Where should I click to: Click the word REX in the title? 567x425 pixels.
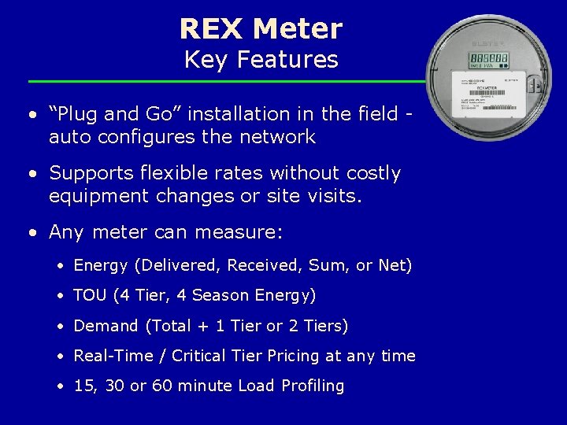pos(211,29)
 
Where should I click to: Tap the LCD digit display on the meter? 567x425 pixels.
pos(488,59)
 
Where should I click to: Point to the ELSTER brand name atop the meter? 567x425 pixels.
pos(488,42)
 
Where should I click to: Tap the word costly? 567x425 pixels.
pos(371,173)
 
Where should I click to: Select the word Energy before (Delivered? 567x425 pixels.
pos(101,266)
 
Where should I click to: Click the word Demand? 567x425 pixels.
pos(106,326)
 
